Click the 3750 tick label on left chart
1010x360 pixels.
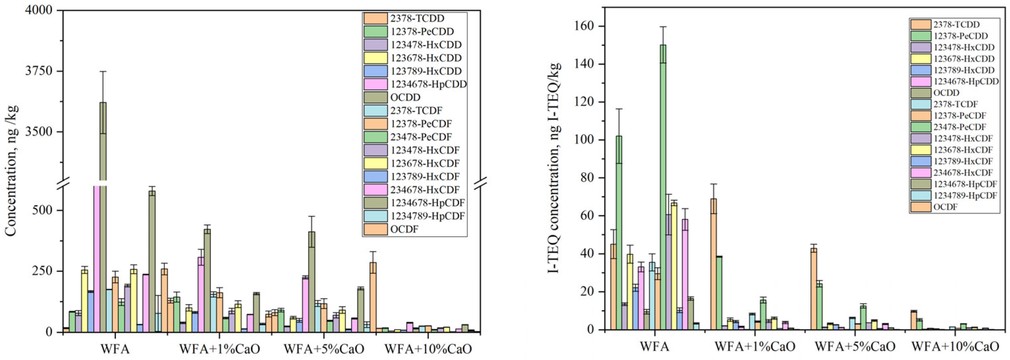[x=39, y=71]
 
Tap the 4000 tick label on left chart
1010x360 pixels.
[x=39, y=10]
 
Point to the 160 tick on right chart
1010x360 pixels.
[x=585, y=27]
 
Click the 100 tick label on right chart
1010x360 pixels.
[x=585, y=140]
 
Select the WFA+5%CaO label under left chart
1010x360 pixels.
[x=324, y=348]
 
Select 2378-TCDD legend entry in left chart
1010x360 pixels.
[x=417, y=18]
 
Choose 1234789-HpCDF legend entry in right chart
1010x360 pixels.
[x=965, y=195]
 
